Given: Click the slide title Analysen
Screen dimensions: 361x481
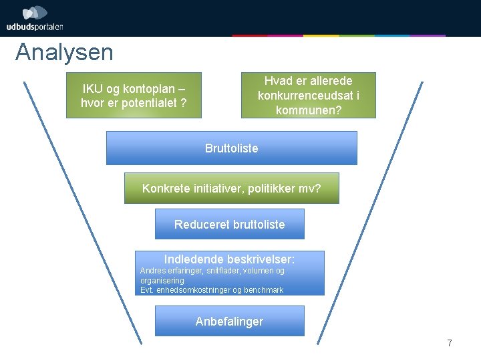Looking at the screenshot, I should (64, 52).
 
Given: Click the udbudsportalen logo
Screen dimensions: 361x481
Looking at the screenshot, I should (35, 19).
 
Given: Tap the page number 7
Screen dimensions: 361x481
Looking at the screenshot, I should (450, 344).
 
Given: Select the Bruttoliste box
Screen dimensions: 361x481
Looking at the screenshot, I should (231, 148).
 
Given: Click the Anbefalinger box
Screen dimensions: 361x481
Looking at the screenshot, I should (229, 321).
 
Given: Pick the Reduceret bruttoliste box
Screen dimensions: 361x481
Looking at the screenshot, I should (229, 224).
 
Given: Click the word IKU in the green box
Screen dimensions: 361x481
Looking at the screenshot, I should (92, 88).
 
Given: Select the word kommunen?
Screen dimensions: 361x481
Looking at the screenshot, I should (308, 110).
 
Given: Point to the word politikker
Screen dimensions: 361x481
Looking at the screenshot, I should (265, 189).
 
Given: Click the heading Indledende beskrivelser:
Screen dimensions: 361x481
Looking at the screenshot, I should (229, 259).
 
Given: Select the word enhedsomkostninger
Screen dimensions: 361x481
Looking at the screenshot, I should (194, 290).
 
